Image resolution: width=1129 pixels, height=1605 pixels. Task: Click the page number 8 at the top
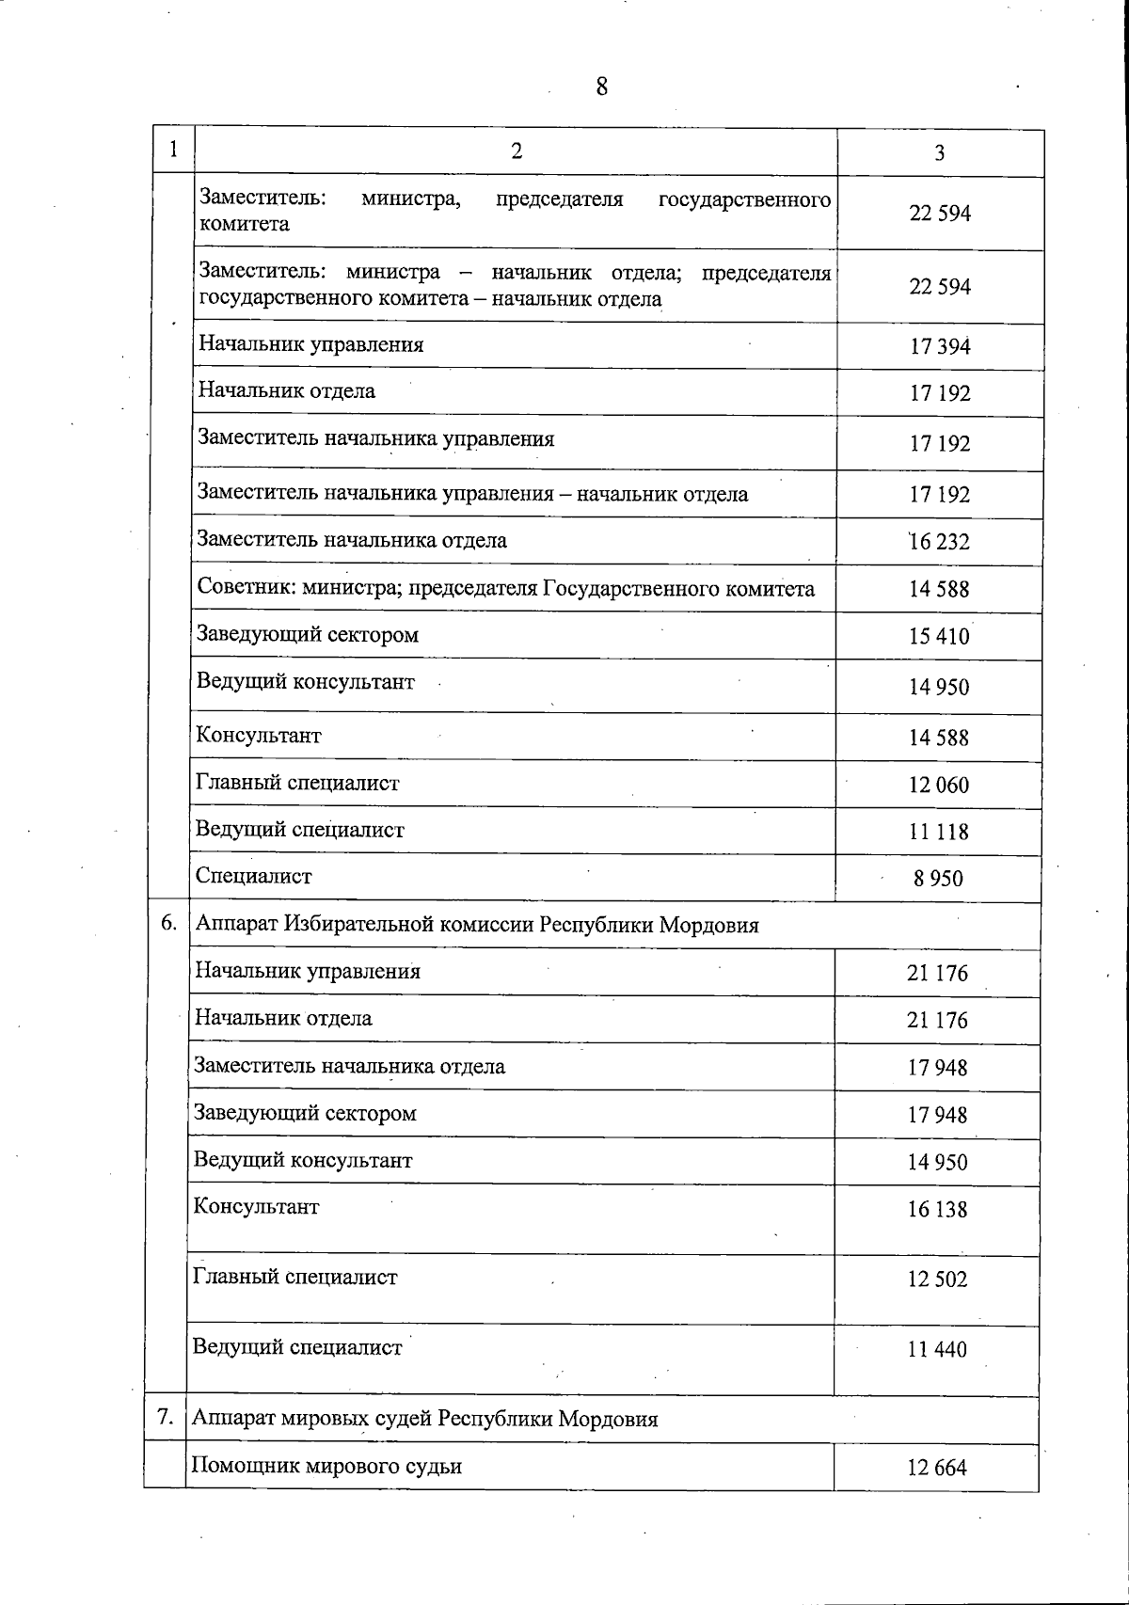point(602,87)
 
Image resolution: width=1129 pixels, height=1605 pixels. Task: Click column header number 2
point(517,151)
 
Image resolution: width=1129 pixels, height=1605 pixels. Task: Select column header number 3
point(939,153)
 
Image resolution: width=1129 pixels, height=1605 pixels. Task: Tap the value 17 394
point(940,346)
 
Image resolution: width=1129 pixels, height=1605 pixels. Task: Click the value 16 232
point(939,542)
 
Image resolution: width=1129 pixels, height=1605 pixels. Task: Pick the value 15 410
point(939,637)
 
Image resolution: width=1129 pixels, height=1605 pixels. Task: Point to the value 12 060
point(938,785)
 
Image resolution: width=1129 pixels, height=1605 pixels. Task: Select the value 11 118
point(938,832)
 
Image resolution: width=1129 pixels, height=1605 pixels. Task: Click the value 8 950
point(938,879)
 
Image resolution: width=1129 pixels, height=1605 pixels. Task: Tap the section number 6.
point(168,923)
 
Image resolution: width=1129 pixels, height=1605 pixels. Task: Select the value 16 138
point(937,1209)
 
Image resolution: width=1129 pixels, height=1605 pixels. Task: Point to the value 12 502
point(937,1279)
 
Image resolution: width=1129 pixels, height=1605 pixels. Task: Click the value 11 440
point(937,1349)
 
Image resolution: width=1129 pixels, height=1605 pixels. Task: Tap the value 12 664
point(937,1468)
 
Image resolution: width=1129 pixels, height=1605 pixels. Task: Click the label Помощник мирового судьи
point(326,1466)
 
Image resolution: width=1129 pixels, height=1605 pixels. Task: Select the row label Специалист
point(253,876)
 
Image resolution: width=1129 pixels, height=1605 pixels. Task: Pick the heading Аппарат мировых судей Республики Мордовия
point(424,1419)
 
